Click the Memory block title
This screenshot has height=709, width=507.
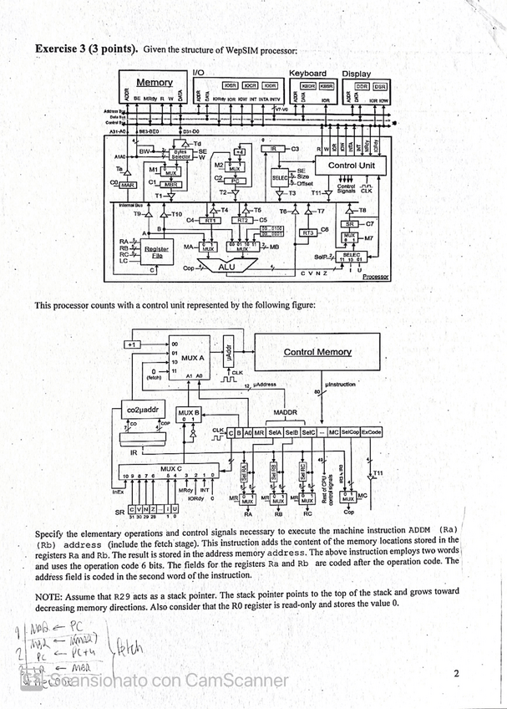[x=155, y=83]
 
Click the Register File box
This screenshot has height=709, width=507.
[x=156, y=251]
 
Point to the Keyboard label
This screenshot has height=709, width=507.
[x=307, y=74]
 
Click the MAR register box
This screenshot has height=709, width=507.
[x=127, y=185]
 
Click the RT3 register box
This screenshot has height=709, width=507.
[x=307, y=232]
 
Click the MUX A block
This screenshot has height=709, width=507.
[x=187, y=358]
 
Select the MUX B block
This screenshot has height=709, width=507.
[x=189, y=416]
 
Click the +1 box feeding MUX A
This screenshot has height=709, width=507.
[x=131, y=344]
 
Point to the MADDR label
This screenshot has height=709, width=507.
[x=286, y=412]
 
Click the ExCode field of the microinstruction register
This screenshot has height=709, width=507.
[x=371, y=432]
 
